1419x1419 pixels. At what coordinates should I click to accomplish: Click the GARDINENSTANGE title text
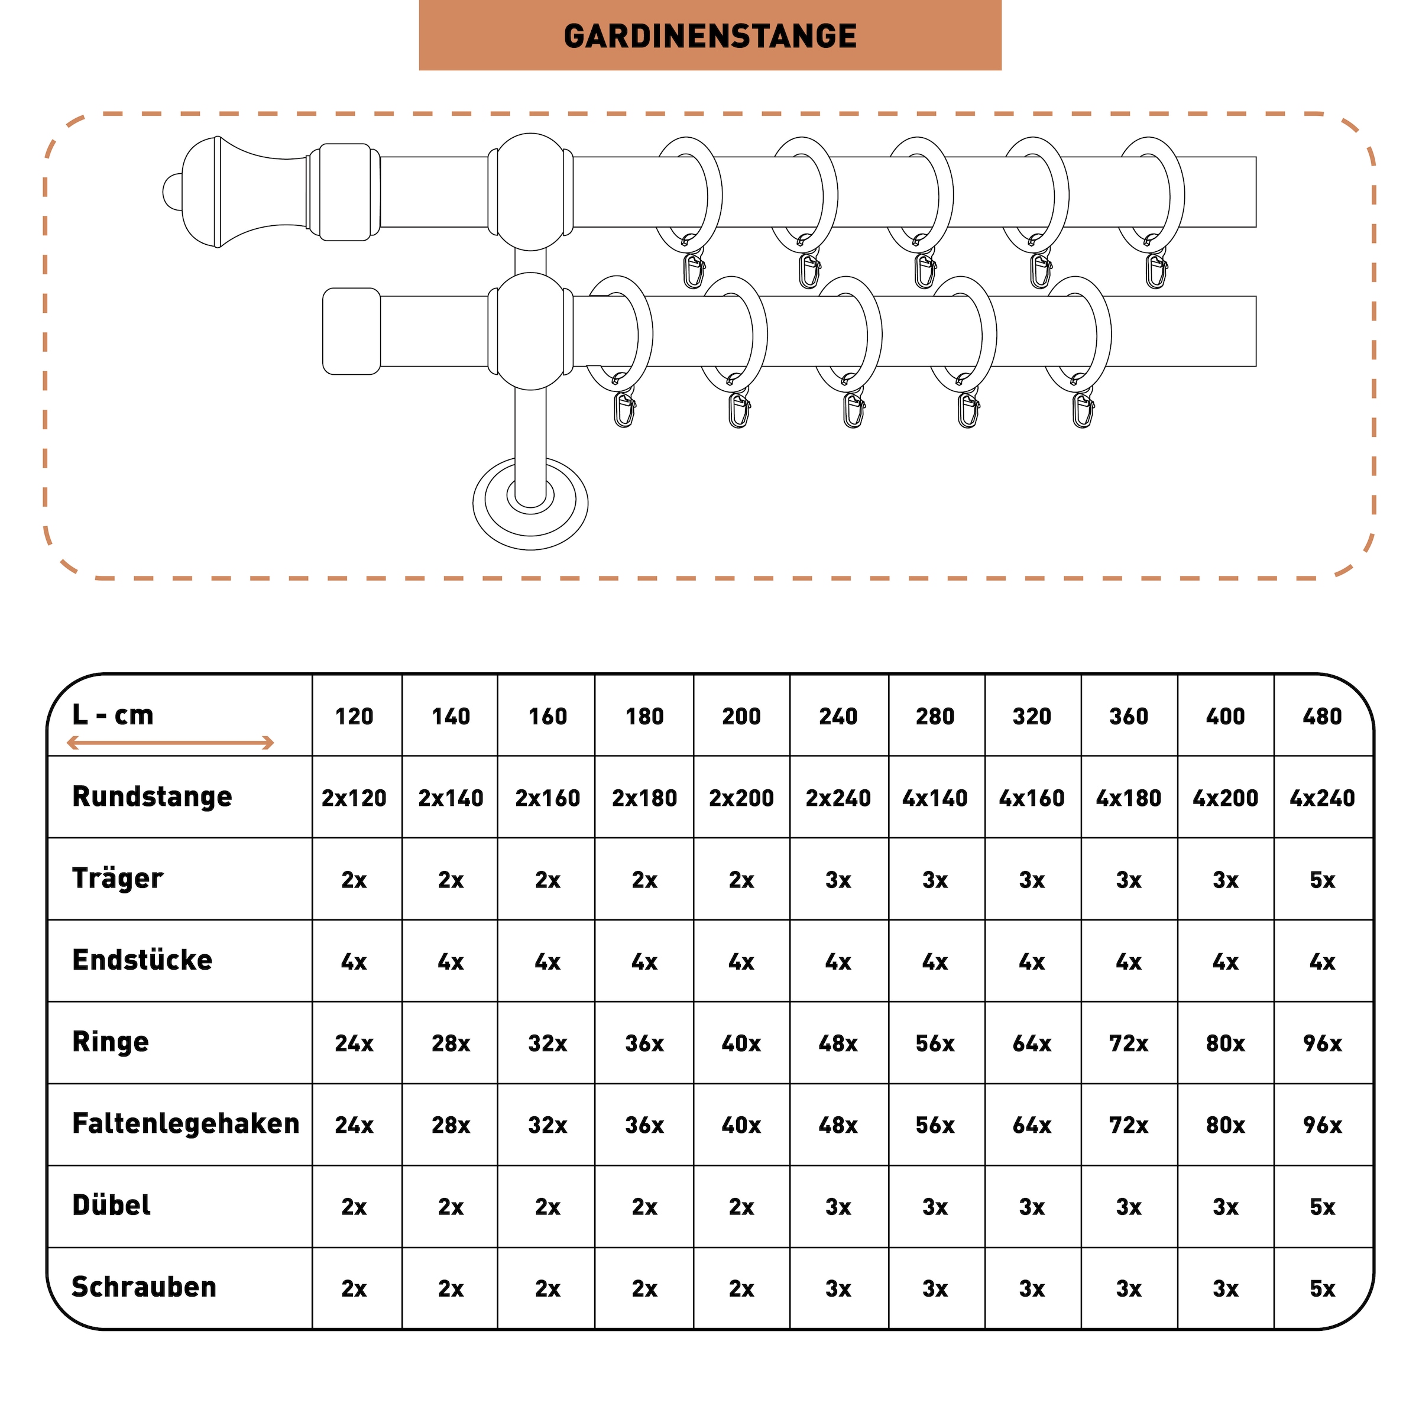[x=710, y=36]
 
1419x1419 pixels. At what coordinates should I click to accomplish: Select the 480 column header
[x=1321, y=716]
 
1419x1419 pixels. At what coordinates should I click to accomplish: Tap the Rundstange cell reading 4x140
[x=934, y=798]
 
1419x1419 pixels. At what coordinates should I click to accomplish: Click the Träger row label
[x=118, y=879]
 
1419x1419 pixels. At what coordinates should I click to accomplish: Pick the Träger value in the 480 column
[x=1321, y=880]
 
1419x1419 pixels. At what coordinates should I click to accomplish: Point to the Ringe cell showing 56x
[x=934, y=1043]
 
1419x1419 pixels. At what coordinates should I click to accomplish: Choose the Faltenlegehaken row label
[x=185, y=1124]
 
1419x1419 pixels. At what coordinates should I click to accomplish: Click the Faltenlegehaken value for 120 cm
[x=354, y=1125]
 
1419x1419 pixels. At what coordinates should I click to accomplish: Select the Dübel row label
[x=112, y=1206]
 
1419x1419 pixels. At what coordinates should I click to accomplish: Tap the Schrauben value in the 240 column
[x=837, y=1288]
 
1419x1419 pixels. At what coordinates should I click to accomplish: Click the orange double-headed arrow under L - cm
[x=170, y=743]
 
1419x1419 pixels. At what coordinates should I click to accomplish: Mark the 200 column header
[x=741, y=716]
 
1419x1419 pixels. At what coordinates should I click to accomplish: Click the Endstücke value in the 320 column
[x=1031, y=961]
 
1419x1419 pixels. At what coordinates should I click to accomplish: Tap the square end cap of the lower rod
[x=352, y=331]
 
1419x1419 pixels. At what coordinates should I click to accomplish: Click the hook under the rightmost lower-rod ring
[x=1083, y=409]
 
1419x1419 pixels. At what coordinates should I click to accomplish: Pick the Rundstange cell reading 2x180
[x=644, y=798]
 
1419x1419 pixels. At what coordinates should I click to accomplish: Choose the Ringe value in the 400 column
[x=1224, y=1043]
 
